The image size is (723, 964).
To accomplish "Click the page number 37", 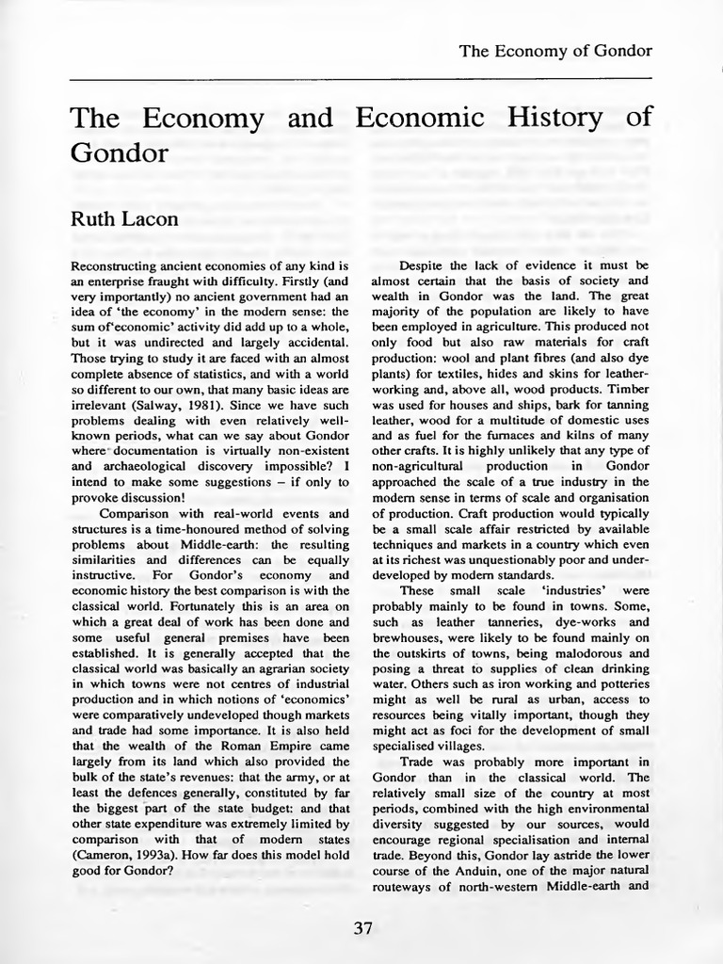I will point(363,928).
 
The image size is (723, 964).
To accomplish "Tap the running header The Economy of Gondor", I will point(555,50).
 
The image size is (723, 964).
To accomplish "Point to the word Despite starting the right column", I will point(425,266).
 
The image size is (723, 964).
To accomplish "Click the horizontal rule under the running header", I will point(361,80).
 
